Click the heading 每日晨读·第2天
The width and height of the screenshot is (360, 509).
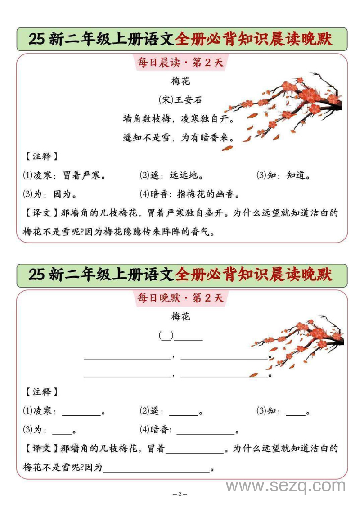click(x=180, y=63)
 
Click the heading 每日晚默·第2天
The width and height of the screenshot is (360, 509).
click(x=180, y=298)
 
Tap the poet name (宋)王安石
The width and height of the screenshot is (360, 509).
click(x=180, y=100)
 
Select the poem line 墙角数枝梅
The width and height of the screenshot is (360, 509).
click(x=147, y=119)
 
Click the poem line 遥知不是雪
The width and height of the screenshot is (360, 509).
click(x=147, y=138)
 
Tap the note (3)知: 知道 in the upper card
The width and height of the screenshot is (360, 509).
click(x=284, y=176)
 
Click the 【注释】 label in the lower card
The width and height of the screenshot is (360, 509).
click(x=40, y=392)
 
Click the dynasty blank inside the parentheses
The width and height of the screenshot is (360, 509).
click(x=166, y=336)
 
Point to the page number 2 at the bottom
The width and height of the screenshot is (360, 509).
click(x=180, y=494)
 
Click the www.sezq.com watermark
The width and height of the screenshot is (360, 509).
click(x=285, y=486)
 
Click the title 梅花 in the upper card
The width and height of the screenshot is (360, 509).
click(x=180, y=81)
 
